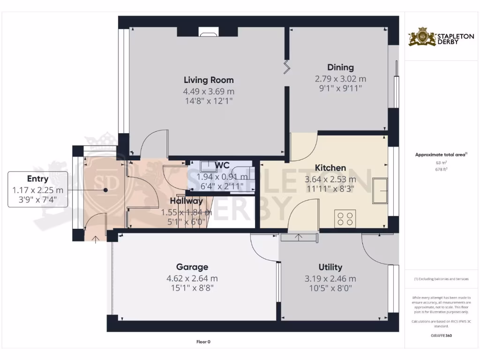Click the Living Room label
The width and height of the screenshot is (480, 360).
(x=209, y=80)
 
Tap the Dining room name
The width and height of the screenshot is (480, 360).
(x=340, y=67)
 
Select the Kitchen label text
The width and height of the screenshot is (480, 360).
(x=330, y=168)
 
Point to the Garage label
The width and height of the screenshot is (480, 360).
(x=192, y=267)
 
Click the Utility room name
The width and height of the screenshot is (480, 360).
(x=330, y=267)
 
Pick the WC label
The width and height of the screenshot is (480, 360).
(x=222, y=165)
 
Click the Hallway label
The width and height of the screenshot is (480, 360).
(x=186, y=201)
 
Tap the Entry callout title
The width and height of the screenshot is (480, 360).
(x=37, y=179)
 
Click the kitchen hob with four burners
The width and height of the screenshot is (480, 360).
(x=346, y=219)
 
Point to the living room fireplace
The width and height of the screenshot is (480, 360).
(x=208, y=32)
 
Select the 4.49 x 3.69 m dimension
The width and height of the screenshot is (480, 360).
(x=209, y=91)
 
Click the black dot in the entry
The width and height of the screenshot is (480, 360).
(x=106, y=190)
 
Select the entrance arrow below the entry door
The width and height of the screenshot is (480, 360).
(x=96, y=240)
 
